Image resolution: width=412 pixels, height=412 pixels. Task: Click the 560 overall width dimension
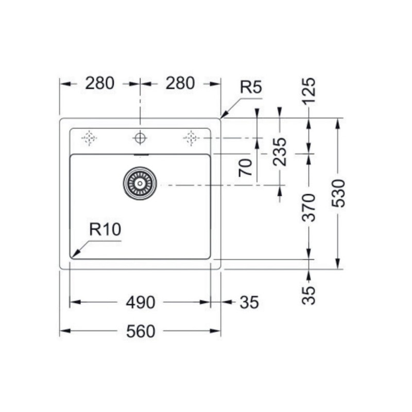(x=140, y=332)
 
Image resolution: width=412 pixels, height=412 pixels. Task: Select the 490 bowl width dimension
(x=140, y=303)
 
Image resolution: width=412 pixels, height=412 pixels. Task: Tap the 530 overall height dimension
(x=338, y=193)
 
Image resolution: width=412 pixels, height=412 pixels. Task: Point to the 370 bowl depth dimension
(x=308, y=207)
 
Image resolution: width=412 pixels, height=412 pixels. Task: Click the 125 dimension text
(x=308, y=91)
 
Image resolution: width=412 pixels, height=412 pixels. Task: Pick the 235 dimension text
(x=280, y=152)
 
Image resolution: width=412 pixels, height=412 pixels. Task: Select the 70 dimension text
(x=246, y=167)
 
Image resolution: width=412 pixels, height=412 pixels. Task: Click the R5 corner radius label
(x=251, y=88)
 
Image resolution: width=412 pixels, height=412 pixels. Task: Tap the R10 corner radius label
(x=105, y=230)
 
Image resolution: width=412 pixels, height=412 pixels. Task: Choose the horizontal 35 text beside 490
(x=249, y=303)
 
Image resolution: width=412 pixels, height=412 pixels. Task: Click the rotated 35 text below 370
(x=308, y=295)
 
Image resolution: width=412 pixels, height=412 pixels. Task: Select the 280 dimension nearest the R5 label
(x=180, y=83)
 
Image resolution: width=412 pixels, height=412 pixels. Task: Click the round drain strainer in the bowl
(x=140, y=183)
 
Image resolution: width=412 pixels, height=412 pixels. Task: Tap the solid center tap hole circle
(x=140, y=138)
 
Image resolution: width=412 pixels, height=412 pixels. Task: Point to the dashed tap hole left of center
(x=90, y=138)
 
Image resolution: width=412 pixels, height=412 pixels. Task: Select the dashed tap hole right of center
(x=191, y=138)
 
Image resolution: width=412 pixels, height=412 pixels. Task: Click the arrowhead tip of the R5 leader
(x=221, y=118)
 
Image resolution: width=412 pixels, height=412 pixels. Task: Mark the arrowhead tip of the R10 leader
(x=72, y=257)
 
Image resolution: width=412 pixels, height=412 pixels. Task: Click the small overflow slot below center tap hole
(x=140, y=154)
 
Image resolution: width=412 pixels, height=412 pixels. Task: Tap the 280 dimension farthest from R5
(x=100, y=83)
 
